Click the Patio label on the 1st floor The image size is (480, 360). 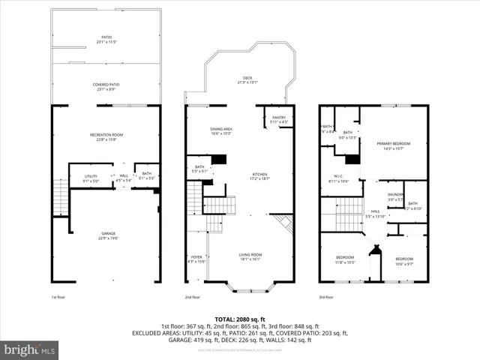[106, 38]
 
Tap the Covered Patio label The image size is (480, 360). [106, 87]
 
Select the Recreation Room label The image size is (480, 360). [106, 136]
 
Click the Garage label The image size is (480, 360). [109, 236]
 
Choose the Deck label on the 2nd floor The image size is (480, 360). [247, 80]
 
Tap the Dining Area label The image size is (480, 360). [220, 131]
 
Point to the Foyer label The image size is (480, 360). [196, 259]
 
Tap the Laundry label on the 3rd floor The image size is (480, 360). [396, 196]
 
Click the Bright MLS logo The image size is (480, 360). [30, 349]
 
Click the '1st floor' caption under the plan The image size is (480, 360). [60, 297]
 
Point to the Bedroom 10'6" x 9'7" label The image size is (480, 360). [403, 261]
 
